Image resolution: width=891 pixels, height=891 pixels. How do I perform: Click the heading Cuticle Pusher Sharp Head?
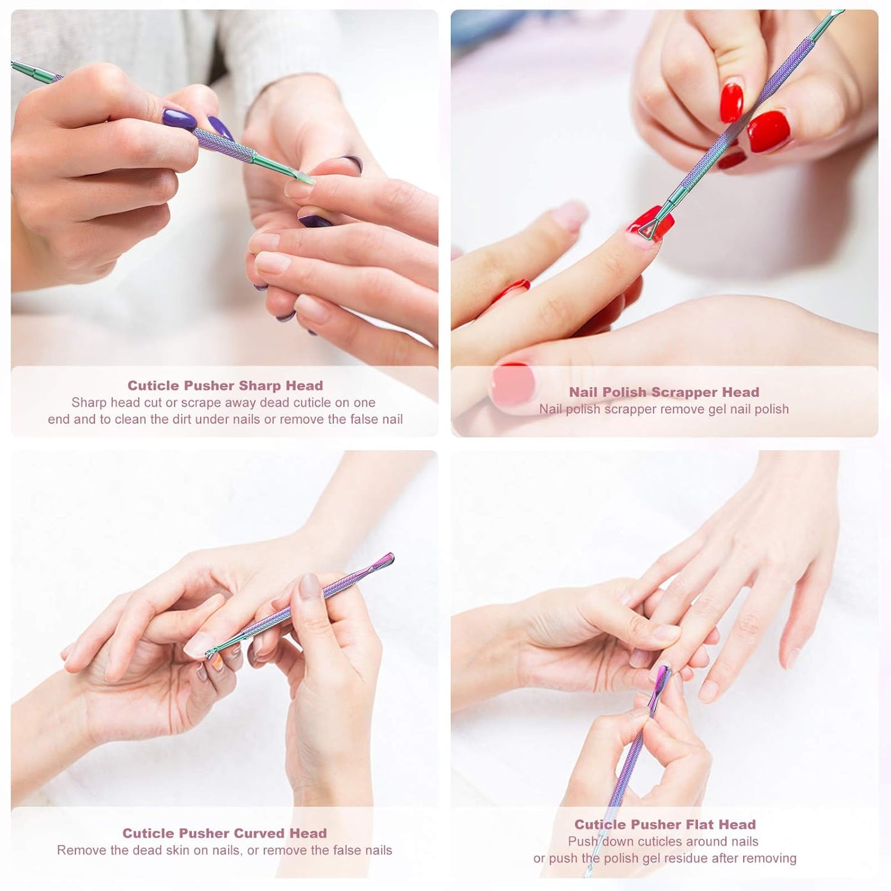tap(225, 385)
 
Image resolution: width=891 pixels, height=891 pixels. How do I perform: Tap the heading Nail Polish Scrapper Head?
tap(664, 392)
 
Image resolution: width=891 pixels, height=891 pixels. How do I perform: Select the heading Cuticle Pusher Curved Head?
tap(224, 833)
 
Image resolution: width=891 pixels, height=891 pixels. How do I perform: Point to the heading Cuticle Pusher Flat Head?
tap(665, 824)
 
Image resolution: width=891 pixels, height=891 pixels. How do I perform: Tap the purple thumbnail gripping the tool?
tap(179, 118)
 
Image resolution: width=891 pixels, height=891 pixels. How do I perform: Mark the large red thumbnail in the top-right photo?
tap(769, 131)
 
